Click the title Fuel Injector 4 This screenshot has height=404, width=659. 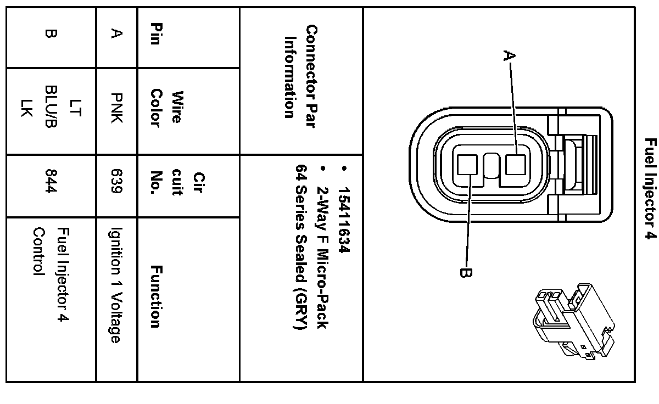click(650, 189)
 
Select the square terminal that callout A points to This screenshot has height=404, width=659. click(516, 164)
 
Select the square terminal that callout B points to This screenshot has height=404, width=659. click(468, 164)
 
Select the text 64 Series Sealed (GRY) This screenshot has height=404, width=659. click(300, 247)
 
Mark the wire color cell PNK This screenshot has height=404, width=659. click(116, 109)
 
